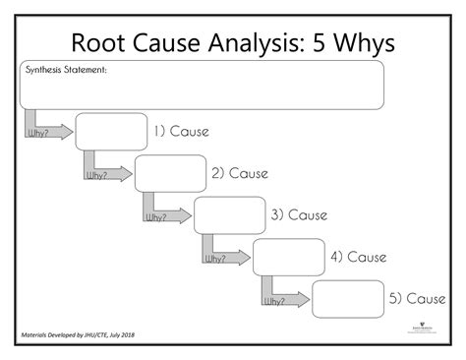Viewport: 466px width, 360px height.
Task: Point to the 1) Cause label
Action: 181,132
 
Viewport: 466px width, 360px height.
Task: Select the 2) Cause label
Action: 240,174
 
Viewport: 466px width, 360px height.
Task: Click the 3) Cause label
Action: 299,215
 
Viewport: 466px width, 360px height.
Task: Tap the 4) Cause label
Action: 358,257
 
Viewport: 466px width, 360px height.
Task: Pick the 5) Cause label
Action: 417,299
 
